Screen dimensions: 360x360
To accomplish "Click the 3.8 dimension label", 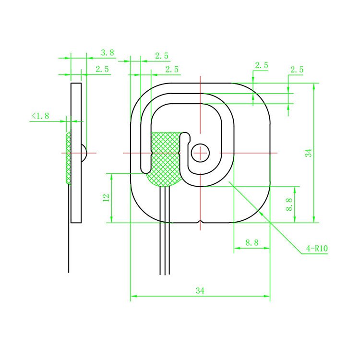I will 107,53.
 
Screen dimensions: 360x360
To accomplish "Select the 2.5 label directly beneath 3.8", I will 102,69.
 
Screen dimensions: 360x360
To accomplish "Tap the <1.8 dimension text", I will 40,116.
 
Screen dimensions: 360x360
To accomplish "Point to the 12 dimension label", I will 107,197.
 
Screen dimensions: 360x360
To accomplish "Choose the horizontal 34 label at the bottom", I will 200,290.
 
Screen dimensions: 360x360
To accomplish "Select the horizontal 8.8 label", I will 252,243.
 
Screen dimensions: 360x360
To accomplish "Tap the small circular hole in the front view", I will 200,153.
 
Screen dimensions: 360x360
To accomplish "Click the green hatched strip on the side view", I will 68,158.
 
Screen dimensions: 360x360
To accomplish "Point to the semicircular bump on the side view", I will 84,153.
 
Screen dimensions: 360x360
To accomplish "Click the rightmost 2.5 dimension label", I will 296,69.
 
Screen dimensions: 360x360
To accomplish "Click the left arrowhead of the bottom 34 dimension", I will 133,296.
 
